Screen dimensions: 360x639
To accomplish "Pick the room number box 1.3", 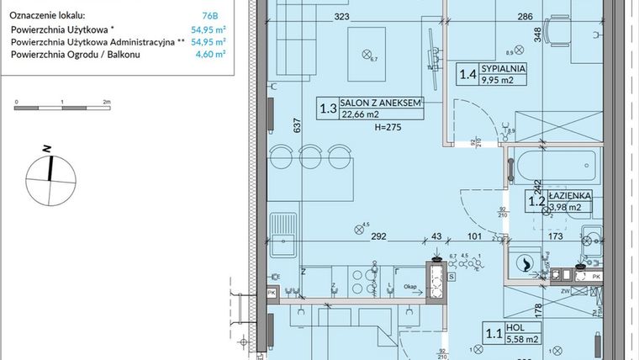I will click(327, 109).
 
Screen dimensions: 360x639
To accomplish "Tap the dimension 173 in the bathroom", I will click(555, 237).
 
